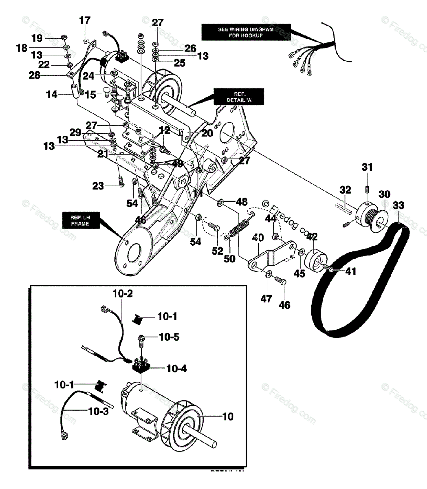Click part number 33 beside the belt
pyautogui.click(x=398, y=205)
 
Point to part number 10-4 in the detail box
pyautogui.click(x=176, y=369)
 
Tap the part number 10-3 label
pyautogui.click(x=99, y=411)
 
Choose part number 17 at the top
pyautogui.click(x=85, y=20)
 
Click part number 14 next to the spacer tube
pyautogui.click(x=52, y=95)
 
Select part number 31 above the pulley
pyautogui.click(x=367, y=167)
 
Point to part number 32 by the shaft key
pyautogui.click(x=345, y=189)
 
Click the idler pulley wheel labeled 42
pyautogui.click(x=316, y=260)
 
